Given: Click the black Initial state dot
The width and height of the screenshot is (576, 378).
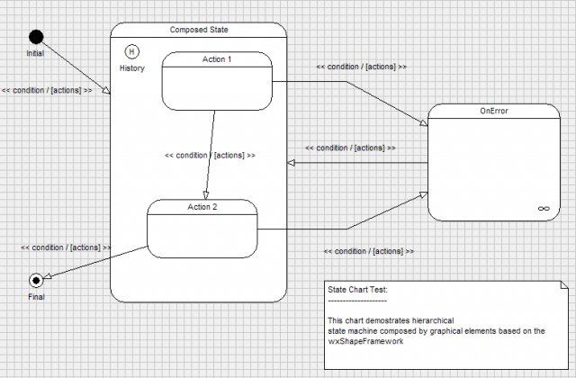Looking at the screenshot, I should pyautogui.click(x=36, y=37).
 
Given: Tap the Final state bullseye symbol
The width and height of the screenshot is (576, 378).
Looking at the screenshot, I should pyautogui.click(x=36, y=279).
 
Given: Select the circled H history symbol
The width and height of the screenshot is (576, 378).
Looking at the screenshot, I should pyautogui.click(x=132, y=51).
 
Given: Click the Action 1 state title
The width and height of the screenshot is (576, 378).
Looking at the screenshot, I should pyautogui.click(x=216, y=60).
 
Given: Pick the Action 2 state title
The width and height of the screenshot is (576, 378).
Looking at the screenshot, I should pyautogui.click(x=202, y=206).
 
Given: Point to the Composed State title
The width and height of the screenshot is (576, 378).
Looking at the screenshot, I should pyautogui.click(x=199, y=30).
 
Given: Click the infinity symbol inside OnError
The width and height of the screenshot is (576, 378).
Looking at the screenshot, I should pyautogui.click(x=543, y=208).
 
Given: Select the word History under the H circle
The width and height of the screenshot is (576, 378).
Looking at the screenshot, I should pyautogui.click(x=132, y=68).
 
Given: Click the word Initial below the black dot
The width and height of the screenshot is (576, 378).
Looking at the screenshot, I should pyautogui.click(x=35, y=54).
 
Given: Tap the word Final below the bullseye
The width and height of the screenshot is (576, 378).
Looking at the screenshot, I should pyautogui.click(x=36, y=296).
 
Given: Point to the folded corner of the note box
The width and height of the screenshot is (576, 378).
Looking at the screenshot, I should pyautogui.click(x=564, y=285).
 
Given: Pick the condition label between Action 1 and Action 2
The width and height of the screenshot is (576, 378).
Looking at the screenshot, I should pyautogui.click(x=210, y=155).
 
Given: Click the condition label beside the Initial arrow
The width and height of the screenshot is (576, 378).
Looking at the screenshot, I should pyautogui.click(x=47, y=90).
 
